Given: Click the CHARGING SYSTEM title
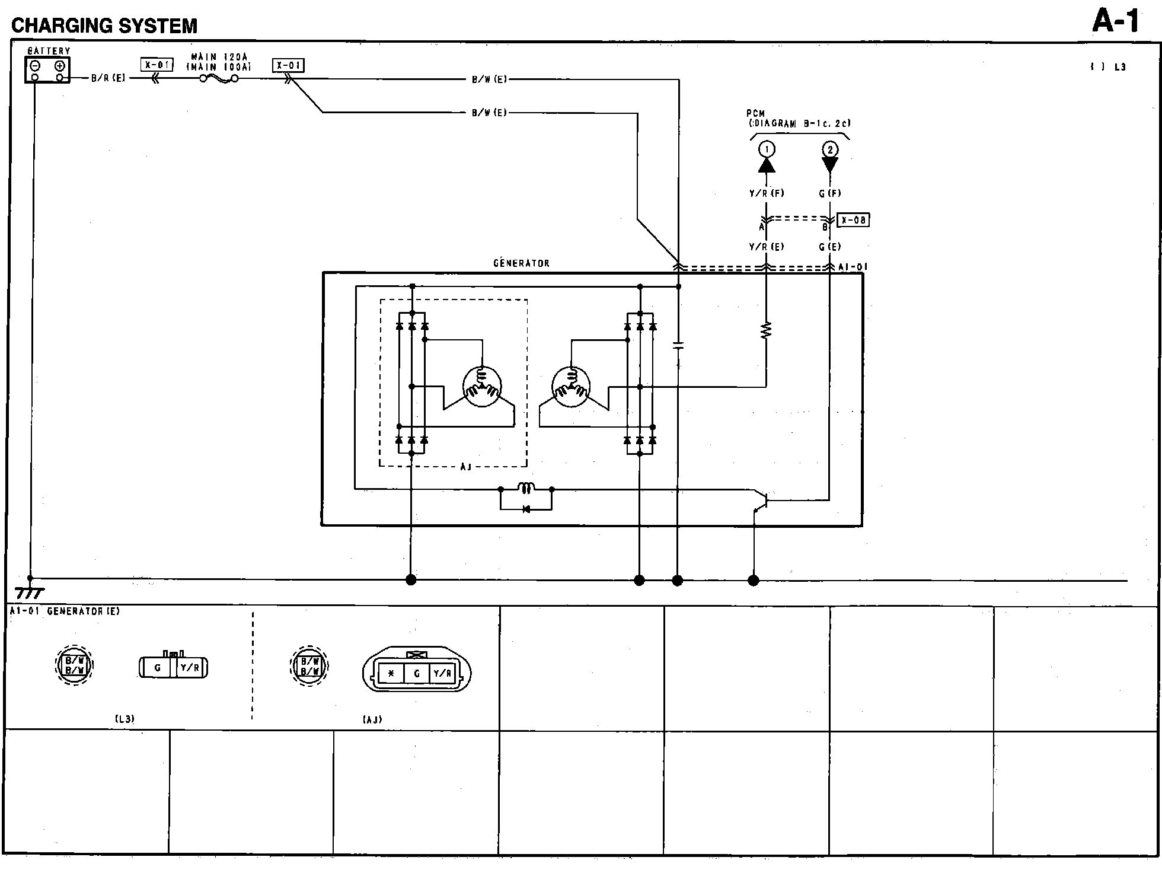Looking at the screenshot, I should coord(104,26).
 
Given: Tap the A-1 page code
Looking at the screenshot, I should coord(1115,22).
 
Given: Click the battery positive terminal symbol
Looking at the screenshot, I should coord(59,66).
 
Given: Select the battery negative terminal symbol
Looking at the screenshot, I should coord(35,66).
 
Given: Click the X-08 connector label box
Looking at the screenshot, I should coord(853,220).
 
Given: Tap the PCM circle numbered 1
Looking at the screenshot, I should coord(767,149).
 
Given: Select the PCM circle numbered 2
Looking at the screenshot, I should coord(829,149).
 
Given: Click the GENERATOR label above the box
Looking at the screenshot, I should coord(521,263).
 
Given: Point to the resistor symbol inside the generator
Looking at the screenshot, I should coord(766,330).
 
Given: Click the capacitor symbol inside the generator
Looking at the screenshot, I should coord(678,345).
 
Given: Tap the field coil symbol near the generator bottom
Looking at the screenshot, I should coord(526,488).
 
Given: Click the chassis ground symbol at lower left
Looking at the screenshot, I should coord(29,592).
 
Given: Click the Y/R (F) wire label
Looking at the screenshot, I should coord(767,193).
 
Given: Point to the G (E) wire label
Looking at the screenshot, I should coord(829,247).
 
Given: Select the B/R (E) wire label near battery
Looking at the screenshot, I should coord(108,78).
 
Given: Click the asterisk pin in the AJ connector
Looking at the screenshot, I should coord(391,674).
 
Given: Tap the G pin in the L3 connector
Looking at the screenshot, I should coord(157,668).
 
